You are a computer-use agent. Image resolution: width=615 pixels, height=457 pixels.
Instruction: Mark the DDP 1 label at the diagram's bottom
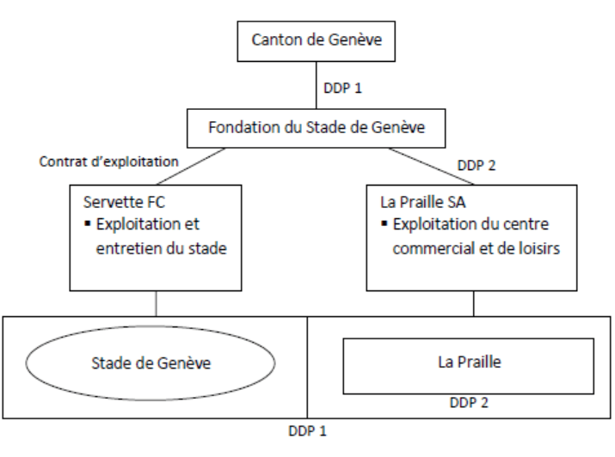click(x=308, y=430)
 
